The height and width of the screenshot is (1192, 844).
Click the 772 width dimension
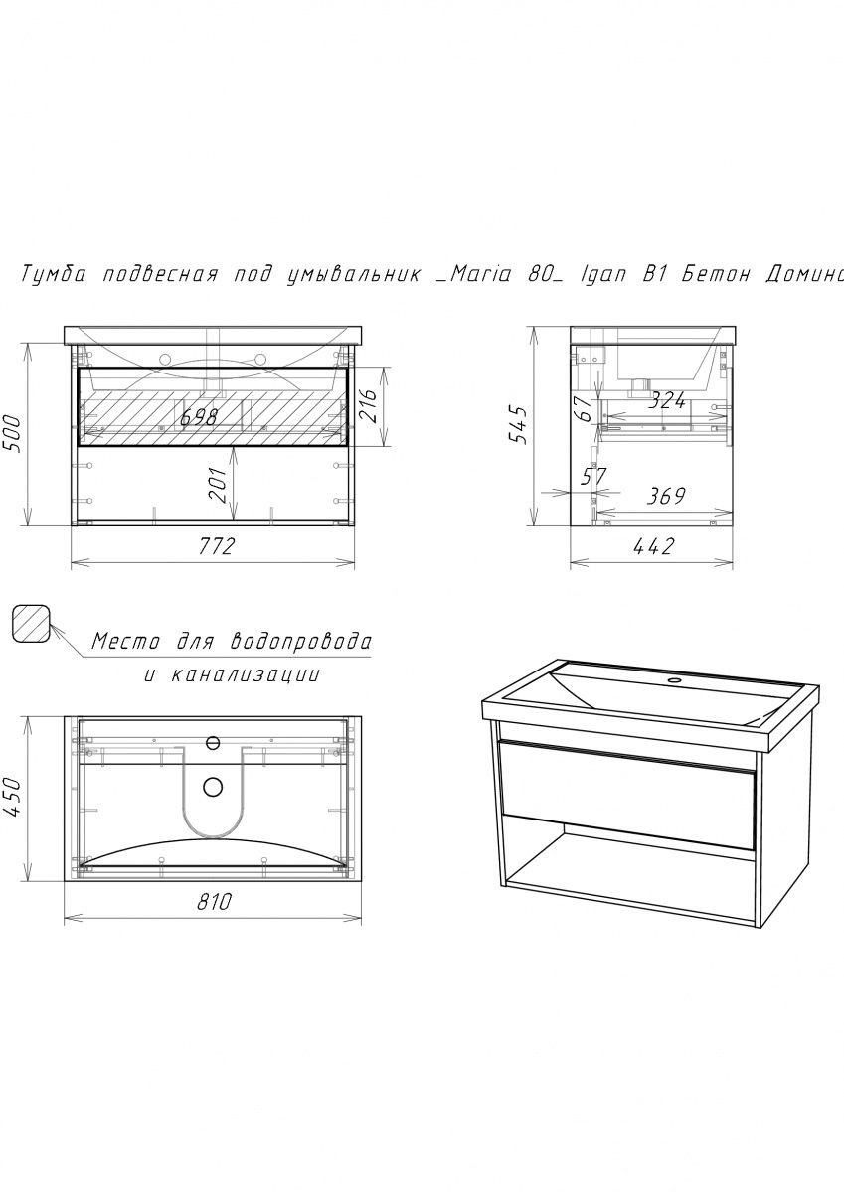216,546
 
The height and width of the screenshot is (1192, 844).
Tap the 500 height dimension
12,434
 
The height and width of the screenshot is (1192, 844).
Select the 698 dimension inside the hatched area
199,417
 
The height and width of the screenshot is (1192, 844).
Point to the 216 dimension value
368,405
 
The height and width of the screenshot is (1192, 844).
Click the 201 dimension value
218,485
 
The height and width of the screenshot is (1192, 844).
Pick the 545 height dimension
518,424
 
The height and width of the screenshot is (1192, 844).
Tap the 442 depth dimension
654,546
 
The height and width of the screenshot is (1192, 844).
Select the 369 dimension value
666,496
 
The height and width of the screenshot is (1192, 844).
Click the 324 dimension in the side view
666,400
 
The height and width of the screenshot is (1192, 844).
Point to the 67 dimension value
585,408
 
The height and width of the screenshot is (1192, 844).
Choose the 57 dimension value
593,476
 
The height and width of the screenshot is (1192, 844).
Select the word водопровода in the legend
300,643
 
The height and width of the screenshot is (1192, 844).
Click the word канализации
246,674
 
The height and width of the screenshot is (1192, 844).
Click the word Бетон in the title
716,274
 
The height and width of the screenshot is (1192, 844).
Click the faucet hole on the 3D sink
675,680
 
